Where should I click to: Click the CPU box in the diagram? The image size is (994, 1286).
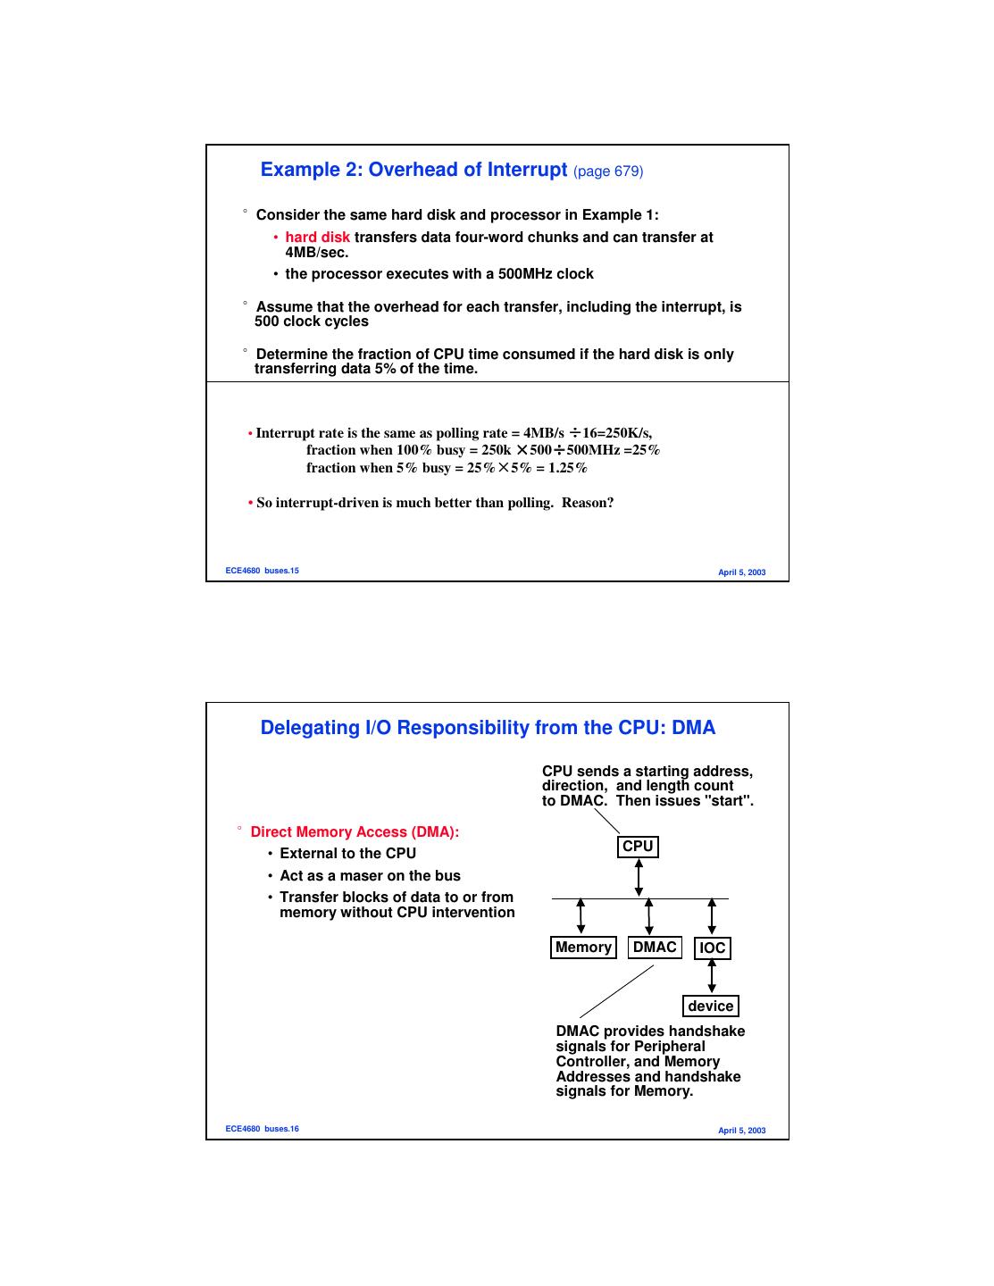638,847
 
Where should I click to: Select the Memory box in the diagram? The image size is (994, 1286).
583,948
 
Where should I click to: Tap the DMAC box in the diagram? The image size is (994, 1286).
655,948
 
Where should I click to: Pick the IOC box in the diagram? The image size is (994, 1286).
712,948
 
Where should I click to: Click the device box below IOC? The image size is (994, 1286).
710,1006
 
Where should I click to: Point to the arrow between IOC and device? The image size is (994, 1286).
712,977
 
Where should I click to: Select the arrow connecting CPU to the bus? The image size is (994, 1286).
639,877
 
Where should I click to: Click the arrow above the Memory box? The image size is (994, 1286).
581,916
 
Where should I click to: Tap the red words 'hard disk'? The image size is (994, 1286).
317,238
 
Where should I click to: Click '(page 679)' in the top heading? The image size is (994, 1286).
607,171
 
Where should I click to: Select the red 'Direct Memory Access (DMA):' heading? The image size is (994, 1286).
355,832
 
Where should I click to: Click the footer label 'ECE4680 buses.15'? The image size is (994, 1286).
262,571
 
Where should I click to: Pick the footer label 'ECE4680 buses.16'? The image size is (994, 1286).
262,1129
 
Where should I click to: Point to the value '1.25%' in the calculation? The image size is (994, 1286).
567,468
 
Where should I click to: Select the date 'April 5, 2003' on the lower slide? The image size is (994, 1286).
741,1131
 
